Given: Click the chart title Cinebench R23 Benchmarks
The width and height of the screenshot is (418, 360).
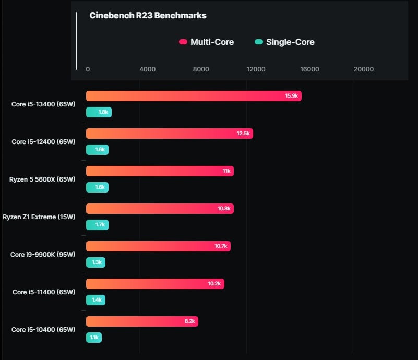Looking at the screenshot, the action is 148,16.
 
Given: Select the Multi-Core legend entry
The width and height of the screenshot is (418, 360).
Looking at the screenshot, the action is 206,42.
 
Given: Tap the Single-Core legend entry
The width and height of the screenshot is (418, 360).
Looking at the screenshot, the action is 284,42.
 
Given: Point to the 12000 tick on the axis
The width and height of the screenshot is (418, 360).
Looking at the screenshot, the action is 256,69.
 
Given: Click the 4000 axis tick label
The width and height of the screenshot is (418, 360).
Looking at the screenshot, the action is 147,69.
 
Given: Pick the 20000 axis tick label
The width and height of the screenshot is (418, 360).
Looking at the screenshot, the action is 364,69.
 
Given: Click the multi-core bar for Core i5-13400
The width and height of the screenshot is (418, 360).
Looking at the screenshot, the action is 194,96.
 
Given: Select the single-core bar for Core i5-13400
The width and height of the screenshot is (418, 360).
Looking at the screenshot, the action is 99,112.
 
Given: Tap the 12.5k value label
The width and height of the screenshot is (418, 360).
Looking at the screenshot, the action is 243,133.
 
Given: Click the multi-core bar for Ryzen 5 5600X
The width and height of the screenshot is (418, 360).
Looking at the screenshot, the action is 160,171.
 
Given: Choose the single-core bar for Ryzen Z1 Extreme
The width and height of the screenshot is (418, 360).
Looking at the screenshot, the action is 97,225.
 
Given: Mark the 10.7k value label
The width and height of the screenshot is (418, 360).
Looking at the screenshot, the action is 221,246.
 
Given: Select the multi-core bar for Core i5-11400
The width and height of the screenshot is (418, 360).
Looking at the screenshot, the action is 155,284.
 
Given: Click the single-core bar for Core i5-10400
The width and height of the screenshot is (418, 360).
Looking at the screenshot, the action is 94,338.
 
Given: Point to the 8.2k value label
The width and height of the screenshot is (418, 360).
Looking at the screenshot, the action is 189,321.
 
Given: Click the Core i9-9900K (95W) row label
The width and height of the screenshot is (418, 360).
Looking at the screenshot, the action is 43,255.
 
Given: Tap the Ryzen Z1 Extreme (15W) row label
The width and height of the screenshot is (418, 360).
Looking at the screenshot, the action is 39,217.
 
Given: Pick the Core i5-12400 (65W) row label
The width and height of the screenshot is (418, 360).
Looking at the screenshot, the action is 43,142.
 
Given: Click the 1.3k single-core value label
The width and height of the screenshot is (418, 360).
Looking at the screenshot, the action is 97,262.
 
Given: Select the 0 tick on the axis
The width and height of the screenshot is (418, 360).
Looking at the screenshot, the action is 88,69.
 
